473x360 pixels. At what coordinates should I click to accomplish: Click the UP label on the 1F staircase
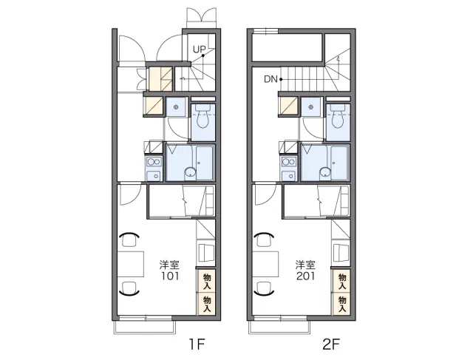[x=199, y=50]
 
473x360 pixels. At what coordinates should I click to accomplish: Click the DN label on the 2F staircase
[x=270, y=79]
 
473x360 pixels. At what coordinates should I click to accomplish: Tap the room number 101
[x=170, y=276]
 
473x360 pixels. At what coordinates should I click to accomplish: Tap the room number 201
[x=305, y=276]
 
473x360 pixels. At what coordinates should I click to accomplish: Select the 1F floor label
[x=197, y=344]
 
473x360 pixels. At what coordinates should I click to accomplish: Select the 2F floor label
[x=332, y=344]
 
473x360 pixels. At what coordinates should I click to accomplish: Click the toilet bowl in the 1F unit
[x=203, y=118]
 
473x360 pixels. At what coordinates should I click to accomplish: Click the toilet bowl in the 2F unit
[x=338, y=118]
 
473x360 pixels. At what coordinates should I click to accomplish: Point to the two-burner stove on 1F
[x=154, y=162]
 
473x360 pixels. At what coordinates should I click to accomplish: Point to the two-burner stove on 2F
[x=289, y=162]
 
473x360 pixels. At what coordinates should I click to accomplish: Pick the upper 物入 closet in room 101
[x=207, y=281]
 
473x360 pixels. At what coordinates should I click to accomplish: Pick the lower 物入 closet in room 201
[x=341, y=304]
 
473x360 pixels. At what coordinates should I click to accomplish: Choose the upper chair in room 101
[x=129, y=240]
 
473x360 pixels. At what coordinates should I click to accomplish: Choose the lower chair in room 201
[x=265, y=288]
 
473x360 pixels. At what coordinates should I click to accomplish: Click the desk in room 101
[x=130, y=264]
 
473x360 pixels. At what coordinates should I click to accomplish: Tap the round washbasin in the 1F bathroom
[x=190, y=173]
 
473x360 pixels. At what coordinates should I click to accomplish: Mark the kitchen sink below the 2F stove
[x=289, y=175]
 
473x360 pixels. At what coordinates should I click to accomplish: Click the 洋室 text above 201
[x=305, y=265]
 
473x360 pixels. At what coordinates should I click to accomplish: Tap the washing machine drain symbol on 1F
[x=176, y=107]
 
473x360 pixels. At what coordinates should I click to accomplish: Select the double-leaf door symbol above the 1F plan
[x=202, y=15]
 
